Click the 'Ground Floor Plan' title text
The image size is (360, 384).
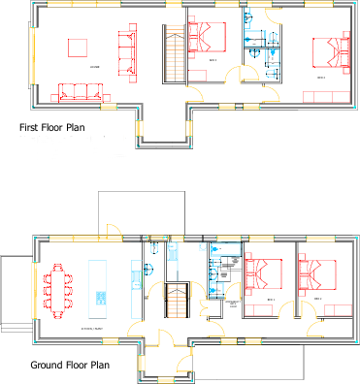tap(69, 366)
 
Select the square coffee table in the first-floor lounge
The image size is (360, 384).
tap(77, 47)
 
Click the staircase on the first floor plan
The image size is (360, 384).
tap(174, 56)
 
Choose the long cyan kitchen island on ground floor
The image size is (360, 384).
tap(97, 283)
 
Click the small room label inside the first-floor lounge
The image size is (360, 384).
tap(95, 66)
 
